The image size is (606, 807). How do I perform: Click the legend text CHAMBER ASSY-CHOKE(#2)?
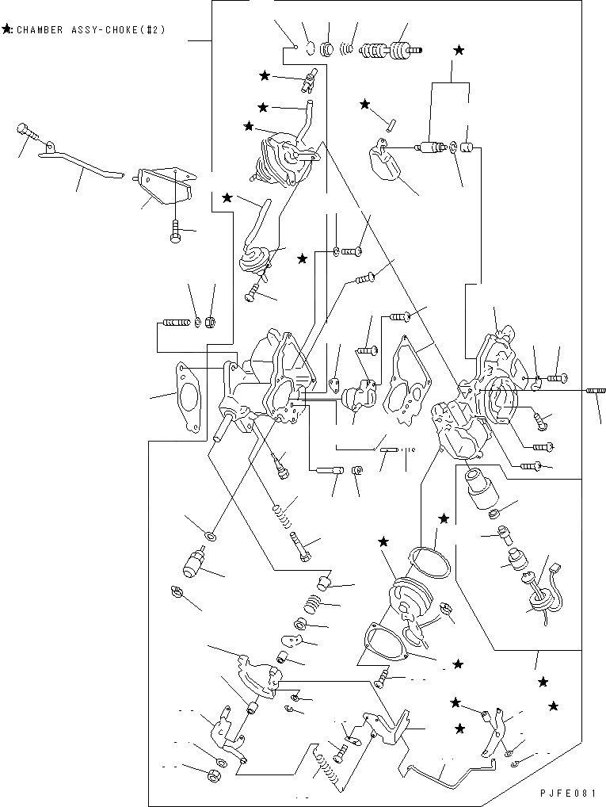point(90,31)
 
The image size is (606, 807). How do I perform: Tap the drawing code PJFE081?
point(568,794)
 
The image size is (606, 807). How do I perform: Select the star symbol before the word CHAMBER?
point(7,31)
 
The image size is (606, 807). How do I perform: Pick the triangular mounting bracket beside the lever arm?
point(165,184)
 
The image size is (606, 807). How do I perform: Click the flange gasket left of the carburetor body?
point(189,397)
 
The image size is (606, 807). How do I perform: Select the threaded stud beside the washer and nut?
point(176,323)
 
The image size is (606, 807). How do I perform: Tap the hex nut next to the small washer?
point(212,322)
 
